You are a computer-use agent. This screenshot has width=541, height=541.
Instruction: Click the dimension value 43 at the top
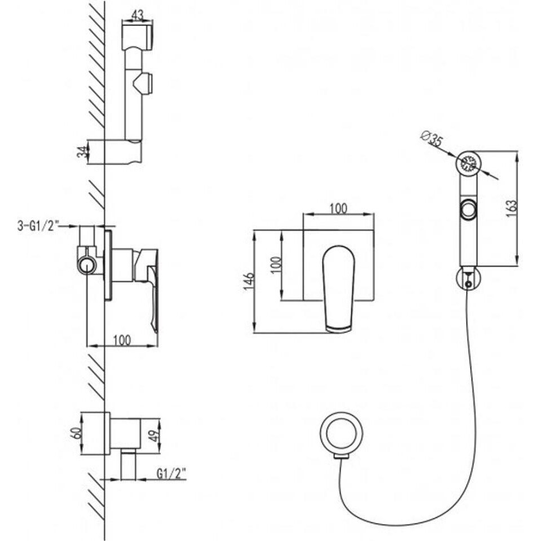tap(137, 15)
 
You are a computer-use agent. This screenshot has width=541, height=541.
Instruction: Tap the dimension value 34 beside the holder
tap(82, 151)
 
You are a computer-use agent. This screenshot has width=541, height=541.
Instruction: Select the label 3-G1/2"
tap(38, 226)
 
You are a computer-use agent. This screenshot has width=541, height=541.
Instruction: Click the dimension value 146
tap(249, 281)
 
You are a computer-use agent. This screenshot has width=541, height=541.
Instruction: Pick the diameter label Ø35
tap(432, 139)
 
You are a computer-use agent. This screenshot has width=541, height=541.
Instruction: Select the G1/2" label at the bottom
tap(171, 474)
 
